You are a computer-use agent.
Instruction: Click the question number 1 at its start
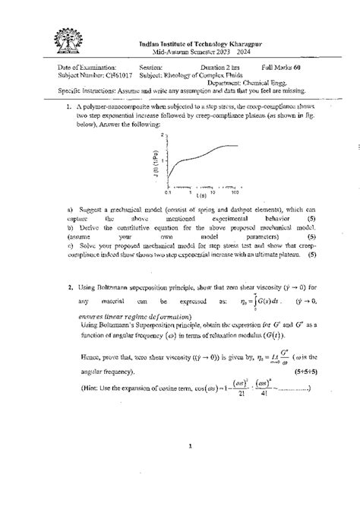(68, 108)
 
